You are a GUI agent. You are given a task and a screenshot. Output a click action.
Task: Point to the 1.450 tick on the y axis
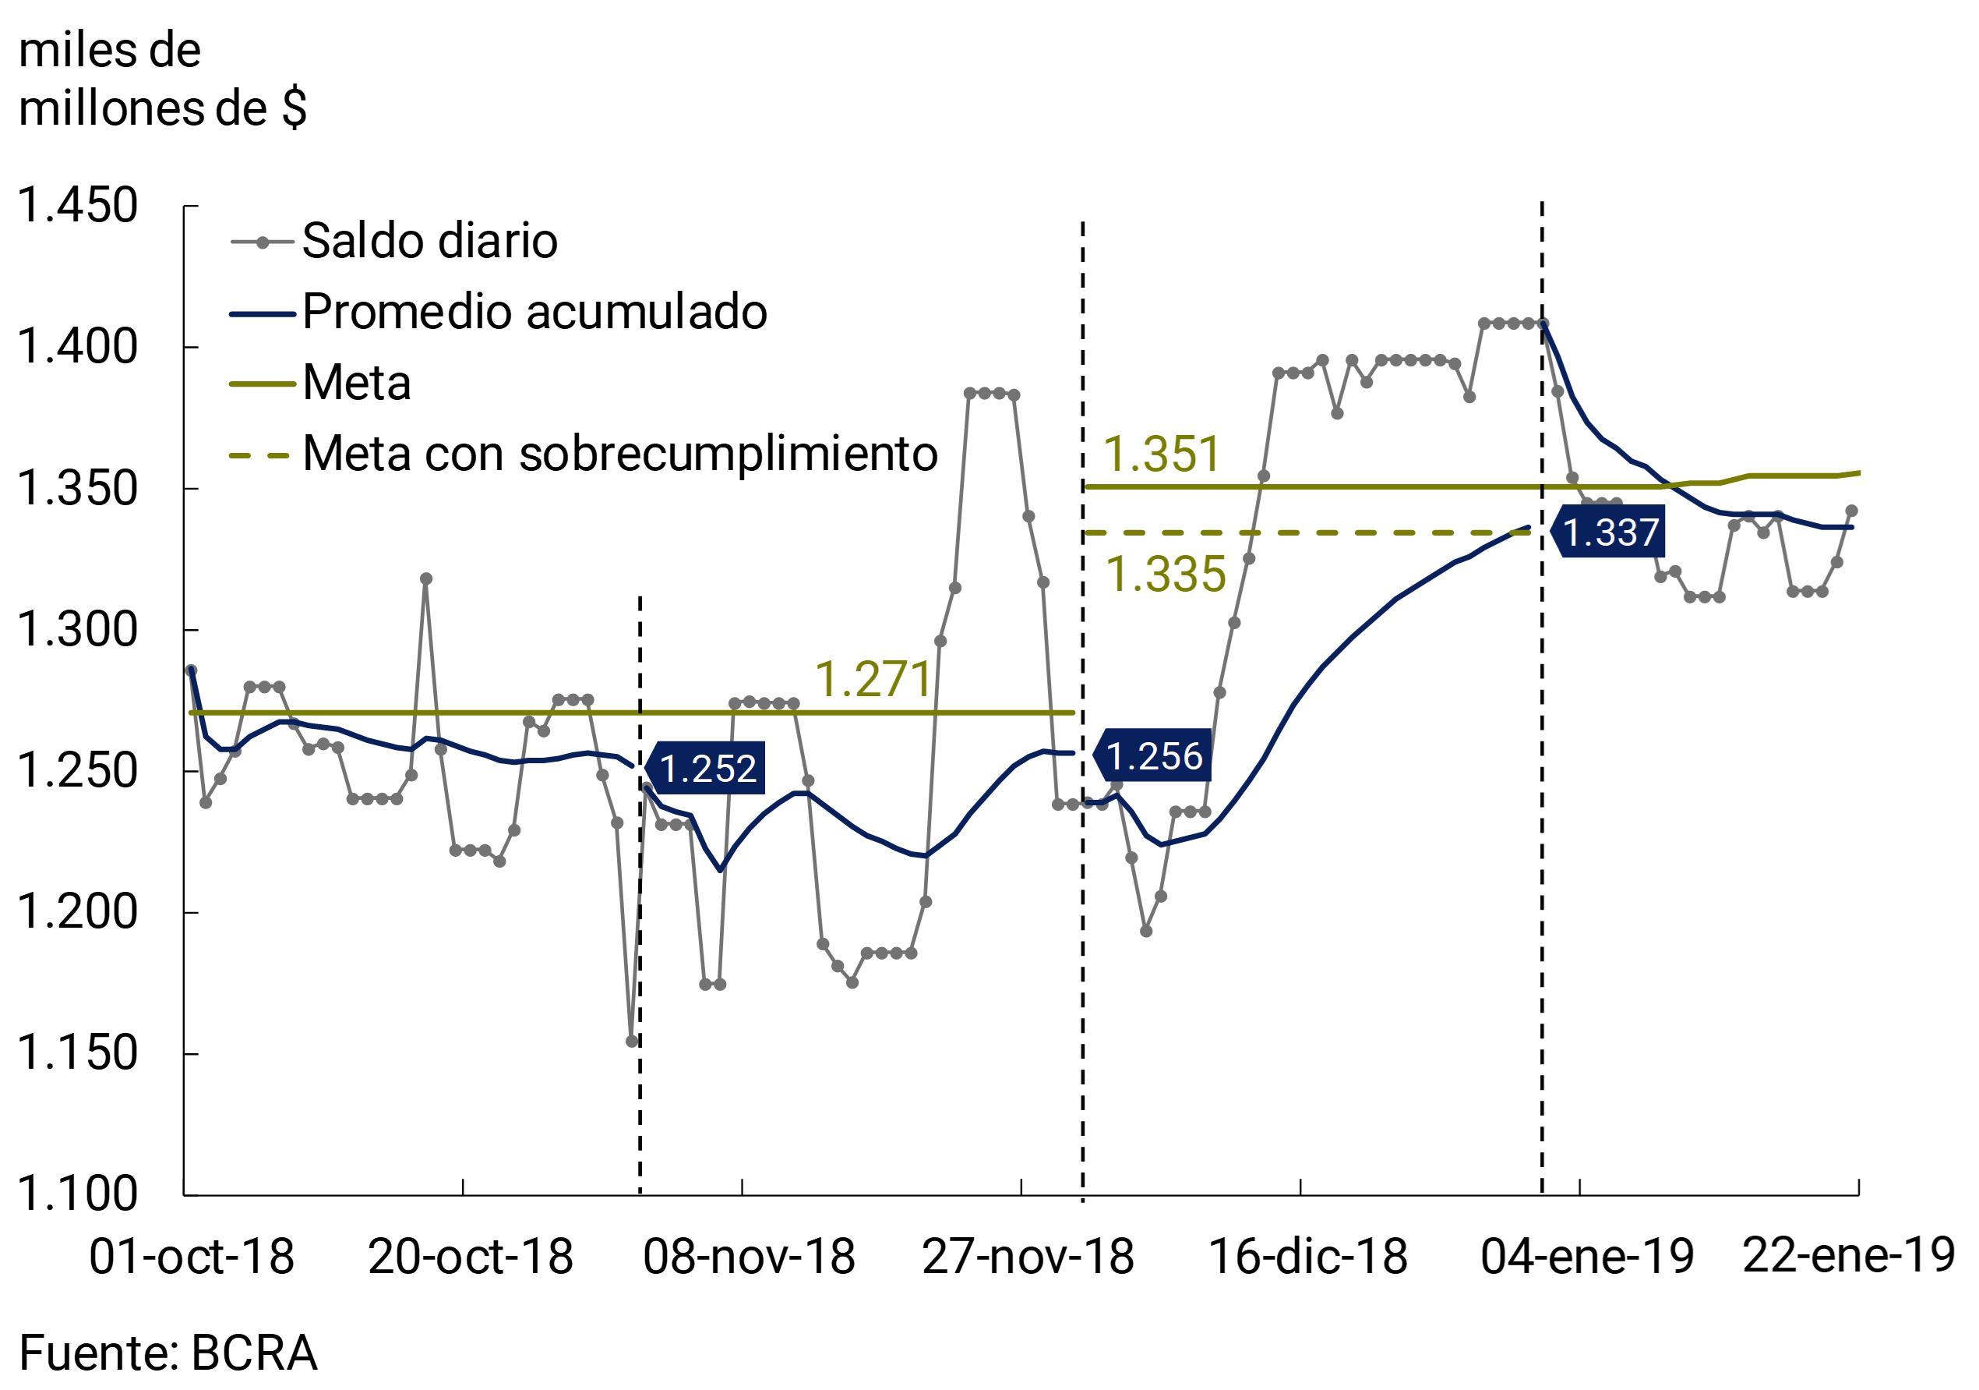coord(78,206)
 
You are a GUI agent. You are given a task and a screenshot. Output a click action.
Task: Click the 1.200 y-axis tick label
coord(78,911)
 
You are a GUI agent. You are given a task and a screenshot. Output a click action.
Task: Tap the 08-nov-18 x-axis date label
coord(748,1257)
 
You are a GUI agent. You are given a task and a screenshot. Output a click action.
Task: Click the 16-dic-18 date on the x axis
coord(1307,1257)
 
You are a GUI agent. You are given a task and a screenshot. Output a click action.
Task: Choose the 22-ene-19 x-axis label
coord(1848,1254)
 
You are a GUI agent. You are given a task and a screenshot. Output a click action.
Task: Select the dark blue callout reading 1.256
coord(1152,756)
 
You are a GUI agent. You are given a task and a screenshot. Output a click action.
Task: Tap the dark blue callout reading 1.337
coord(1608,532)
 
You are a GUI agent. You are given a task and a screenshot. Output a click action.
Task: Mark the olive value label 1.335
coord(1165,575)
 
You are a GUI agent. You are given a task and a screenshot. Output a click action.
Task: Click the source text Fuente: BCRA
coord(168,1352)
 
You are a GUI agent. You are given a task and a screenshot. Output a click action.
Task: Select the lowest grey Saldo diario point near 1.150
coord(632,1042)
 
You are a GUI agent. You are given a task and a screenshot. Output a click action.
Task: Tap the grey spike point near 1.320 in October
coord(425,579)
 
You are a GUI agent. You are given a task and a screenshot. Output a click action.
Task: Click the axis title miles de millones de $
coord(161,80)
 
